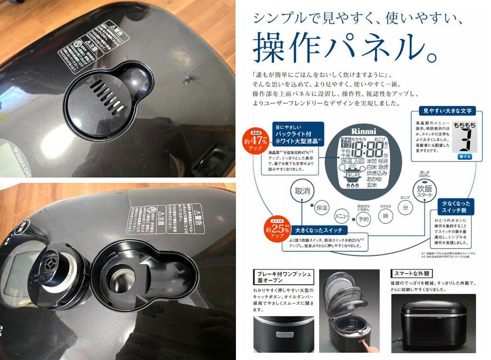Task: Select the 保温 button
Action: (322, 208)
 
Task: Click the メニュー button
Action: (342, 215)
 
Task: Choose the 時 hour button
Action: (385, 215)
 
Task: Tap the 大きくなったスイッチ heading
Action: (321, 230)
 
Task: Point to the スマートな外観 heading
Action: (412, 274)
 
